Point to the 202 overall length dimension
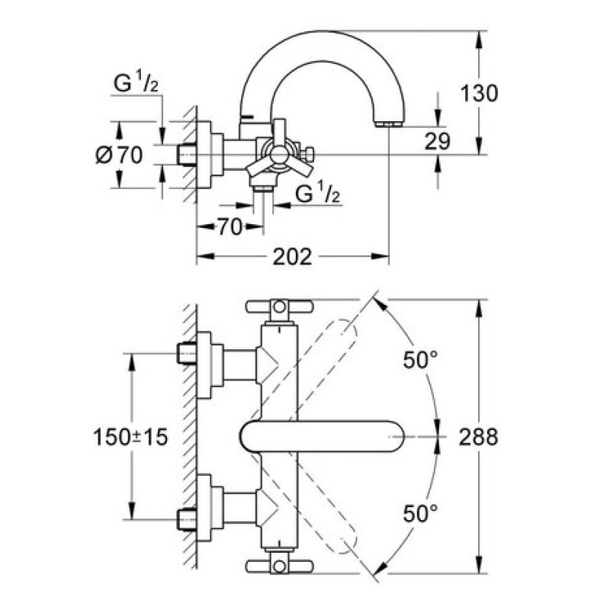coord(293,257)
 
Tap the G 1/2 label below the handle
coord(316,195)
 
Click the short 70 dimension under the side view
coord(230,226)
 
